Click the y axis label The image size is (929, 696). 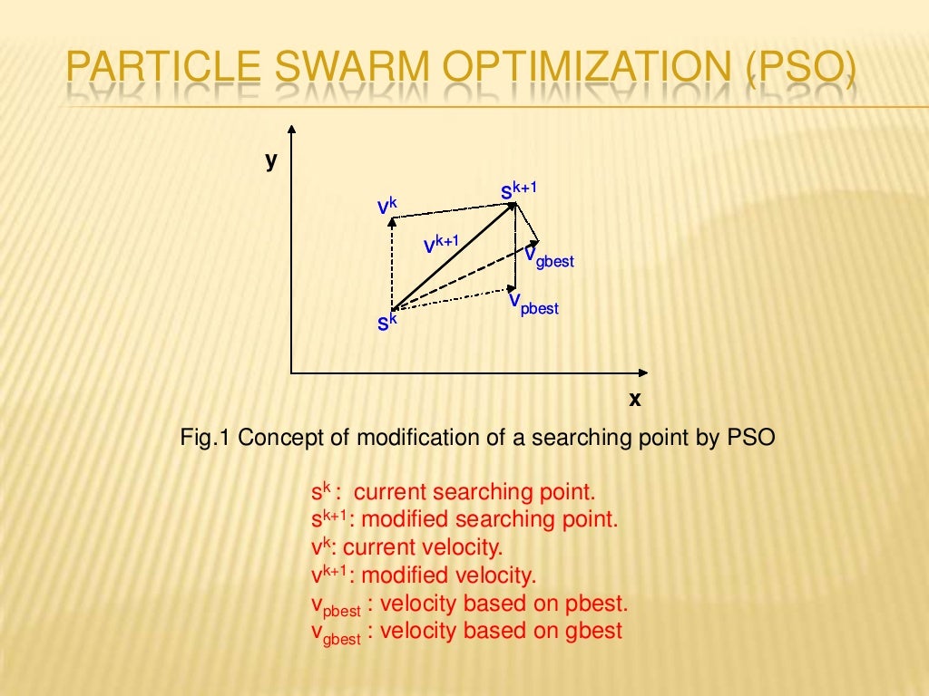click(x=270, y=160)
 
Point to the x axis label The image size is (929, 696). click(x=635, y=398)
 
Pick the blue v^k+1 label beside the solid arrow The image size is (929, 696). click(x=440, y=245)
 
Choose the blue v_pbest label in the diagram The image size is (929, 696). click(x=533, y=303)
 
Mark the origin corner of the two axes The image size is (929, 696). click(x=291, y=372)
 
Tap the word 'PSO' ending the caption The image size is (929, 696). click(x=751, y=438)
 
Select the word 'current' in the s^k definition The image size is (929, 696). click(x=389, y=493)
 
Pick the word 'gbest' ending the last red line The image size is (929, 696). click(x=592, y=631)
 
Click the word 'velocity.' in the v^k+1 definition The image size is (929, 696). click(x=495, y=575)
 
